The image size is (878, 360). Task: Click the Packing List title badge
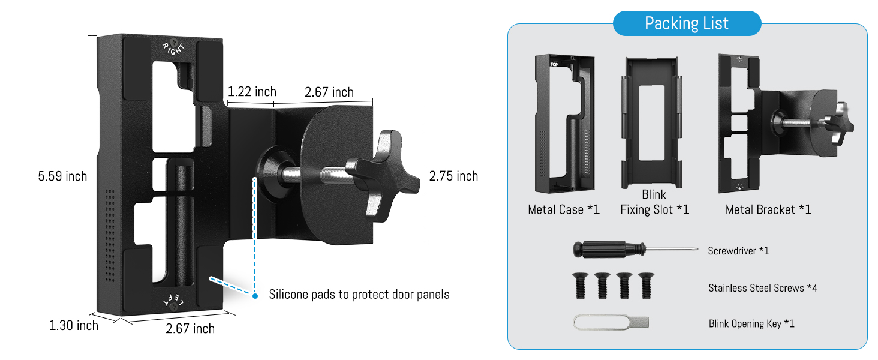(687, 23)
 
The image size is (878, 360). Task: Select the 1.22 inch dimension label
(252, 92)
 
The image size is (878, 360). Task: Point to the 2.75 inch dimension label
(453, 176)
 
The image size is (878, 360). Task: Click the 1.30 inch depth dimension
(73, 326)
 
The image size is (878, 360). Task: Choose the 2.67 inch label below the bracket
(190, 329)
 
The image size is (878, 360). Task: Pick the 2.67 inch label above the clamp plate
(329, 92)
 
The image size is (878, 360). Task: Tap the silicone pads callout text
(359, 295)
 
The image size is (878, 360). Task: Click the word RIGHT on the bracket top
(174, 47)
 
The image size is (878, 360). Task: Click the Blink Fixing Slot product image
(654, 124)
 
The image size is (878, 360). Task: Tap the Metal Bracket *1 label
(768, 209)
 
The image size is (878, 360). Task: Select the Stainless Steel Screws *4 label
(762, 288)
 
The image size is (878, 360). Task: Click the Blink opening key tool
(612, 323)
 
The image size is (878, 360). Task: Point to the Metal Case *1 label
(564, 209)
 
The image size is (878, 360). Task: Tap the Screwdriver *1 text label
(738, 251)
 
